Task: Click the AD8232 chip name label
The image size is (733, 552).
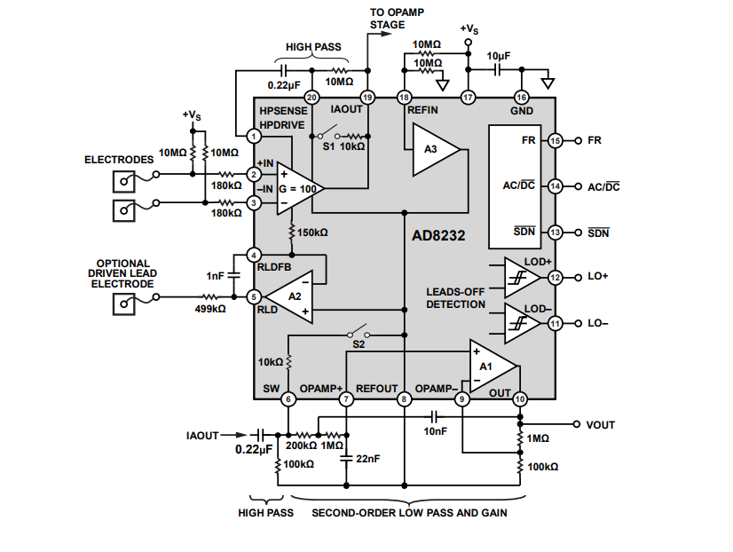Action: (438, 237)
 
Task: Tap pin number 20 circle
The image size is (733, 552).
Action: (311, 98)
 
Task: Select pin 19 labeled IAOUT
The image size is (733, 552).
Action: (367, 98)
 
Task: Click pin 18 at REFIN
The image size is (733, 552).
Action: (405, 98)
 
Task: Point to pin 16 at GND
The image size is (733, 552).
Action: (521, 98)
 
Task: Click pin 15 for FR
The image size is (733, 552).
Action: (556, 140)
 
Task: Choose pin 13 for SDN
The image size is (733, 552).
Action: (556, 233)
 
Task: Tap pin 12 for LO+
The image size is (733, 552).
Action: (556, 278)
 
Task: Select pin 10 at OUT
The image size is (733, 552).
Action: (520, 398)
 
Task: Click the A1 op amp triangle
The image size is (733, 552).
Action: (490, 366)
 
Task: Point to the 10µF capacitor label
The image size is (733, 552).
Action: (498, 55)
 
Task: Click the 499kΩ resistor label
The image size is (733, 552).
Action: (209, 310)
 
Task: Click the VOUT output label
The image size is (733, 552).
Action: (601, 425)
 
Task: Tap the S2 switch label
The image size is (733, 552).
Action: (359, 343)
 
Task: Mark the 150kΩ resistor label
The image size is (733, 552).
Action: (312, 233)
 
